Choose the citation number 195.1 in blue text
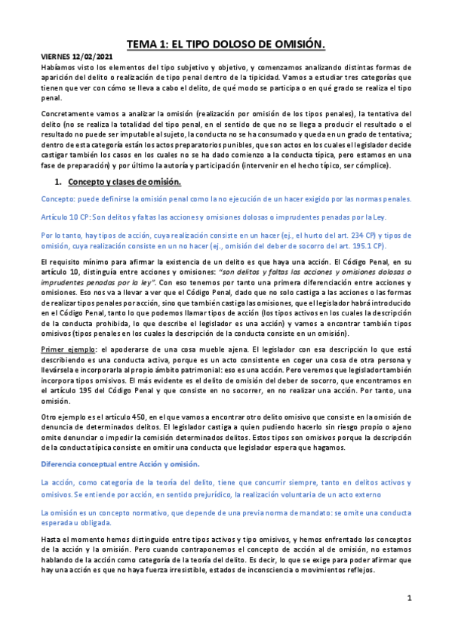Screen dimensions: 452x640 click(366, 245)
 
